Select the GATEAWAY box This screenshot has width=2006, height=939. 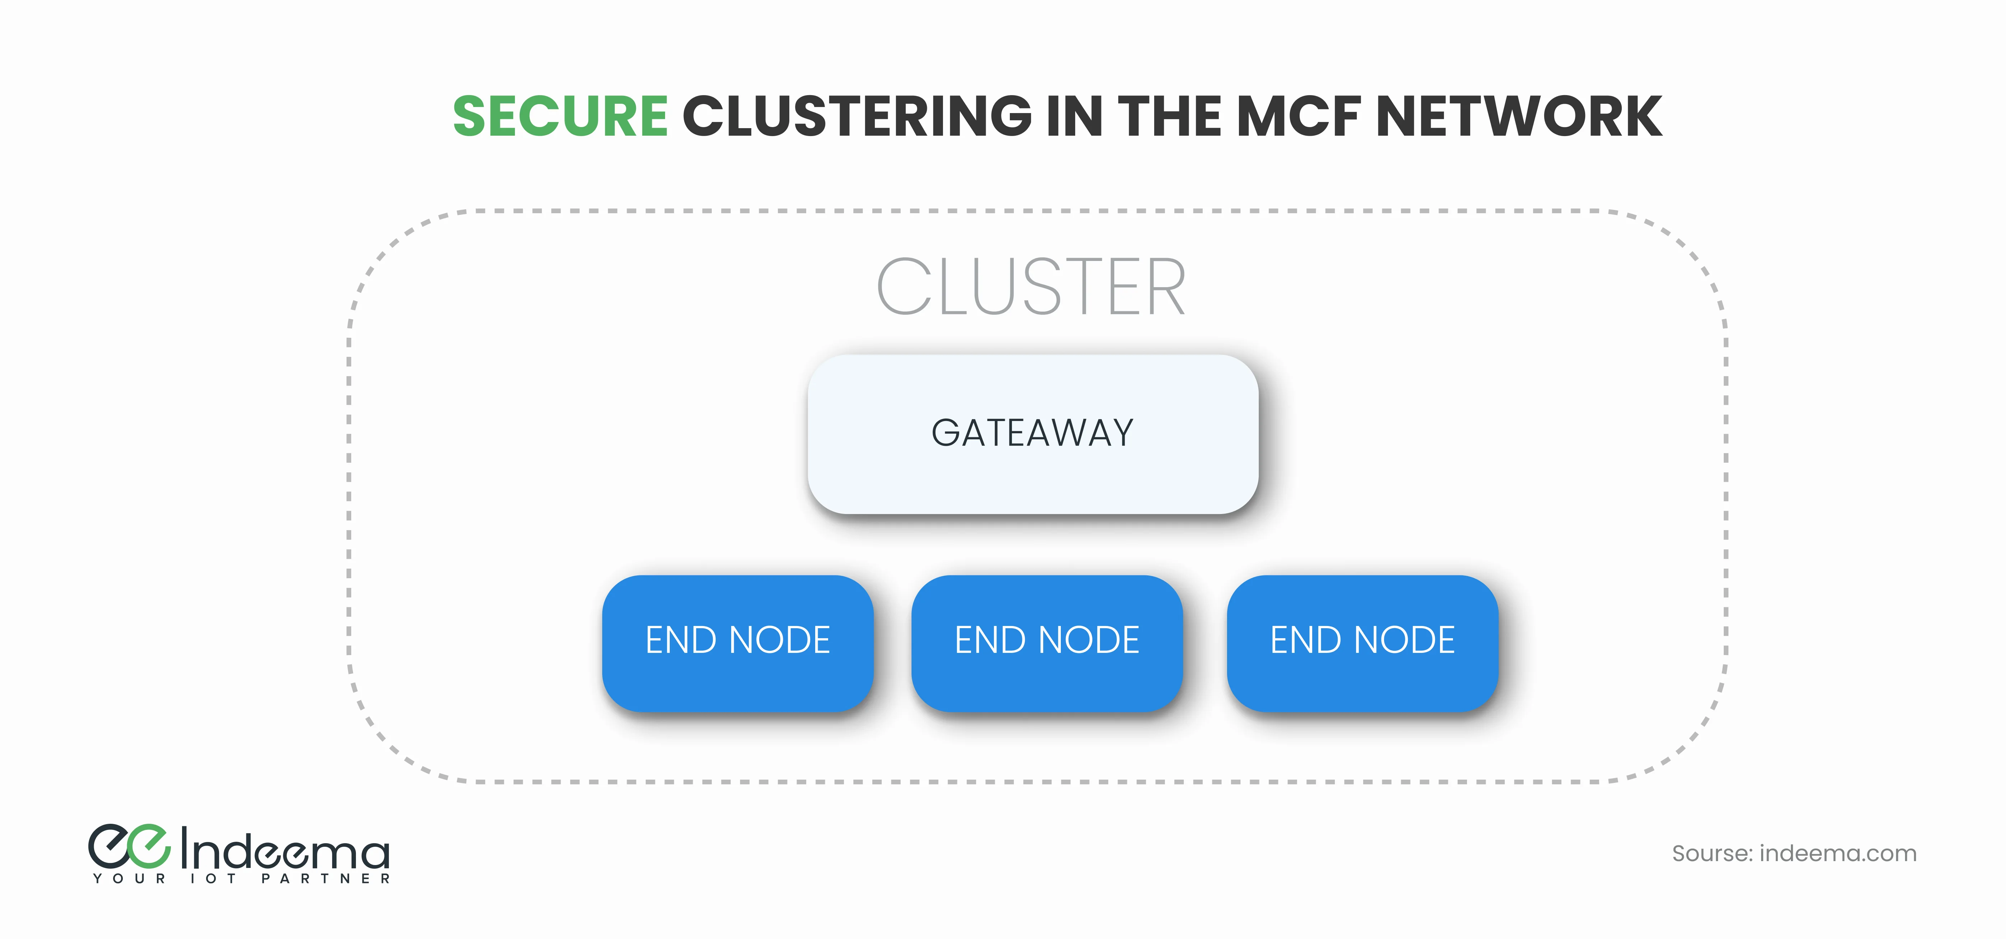1032,434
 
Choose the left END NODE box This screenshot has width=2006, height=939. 738,643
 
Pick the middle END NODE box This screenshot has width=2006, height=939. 1046,643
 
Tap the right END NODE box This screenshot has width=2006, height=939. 1362,643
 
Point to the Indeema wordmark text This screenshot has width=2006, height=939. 285,850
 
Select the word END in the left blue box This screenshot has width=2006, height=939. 681,641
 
